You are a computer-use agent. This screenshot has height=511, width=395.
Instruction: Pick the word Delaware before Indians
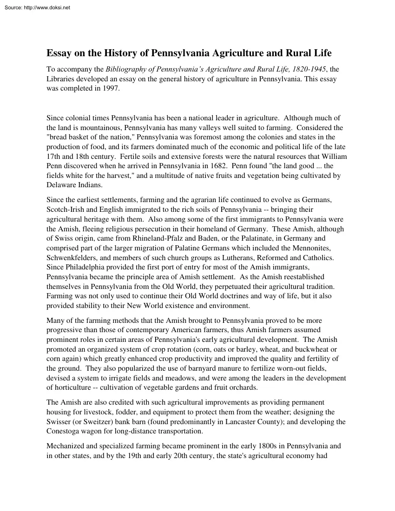point(62,184)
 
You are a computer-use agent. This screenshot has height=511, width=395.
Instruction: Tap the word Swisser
point(60,422)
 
